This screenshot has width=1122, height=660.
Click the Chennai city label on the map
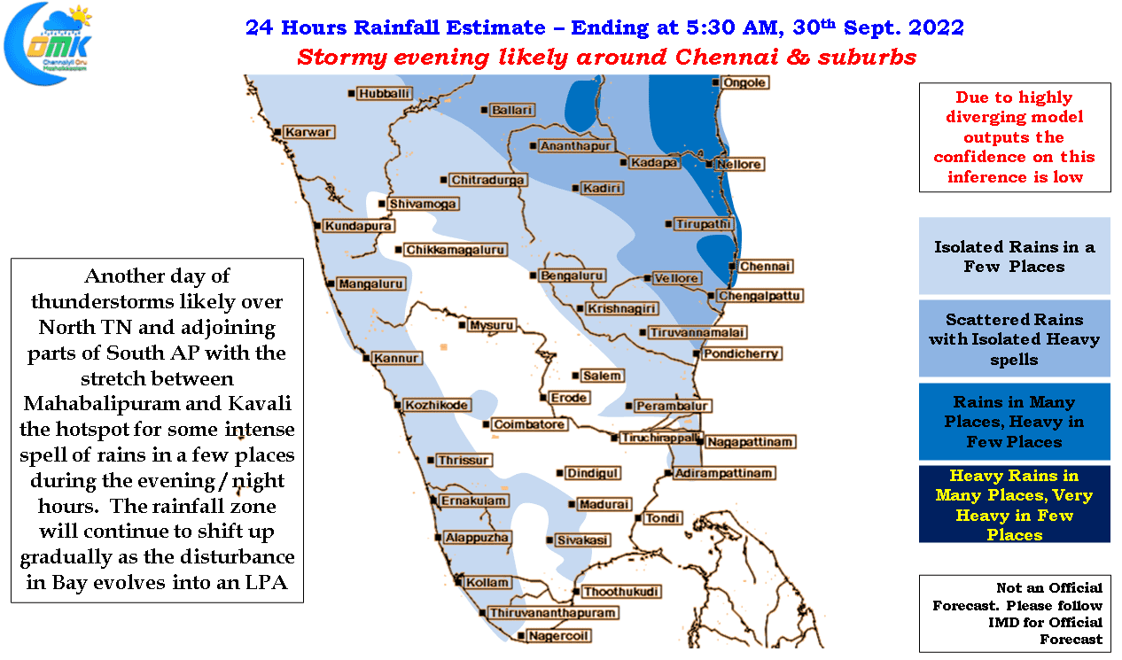(x=765, y=267)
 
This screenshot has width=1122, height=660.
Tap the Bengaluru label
(x=572, y=276)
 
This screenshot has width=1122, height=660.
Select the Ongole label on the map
(x=744, y=82)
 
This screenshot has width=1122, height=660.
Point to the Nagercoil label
(x=558, y=636)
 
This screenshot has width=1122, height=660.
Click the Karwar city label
(x=308, y=132)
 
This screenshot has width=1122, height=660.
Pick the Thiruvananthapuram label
(x=552, y=613)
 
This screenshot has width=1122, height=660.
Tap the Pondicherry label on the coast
(x=741, y=354)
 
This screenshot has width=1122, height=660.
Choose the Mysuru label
(x=491, y=325)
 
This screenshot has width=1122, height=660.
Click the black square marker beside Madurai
(x=572, y=504)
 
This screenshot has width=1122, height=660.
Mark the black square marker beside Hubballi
(x=351, y=94)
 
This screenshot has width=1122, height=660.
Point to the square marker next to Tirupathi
(x=668, y=224)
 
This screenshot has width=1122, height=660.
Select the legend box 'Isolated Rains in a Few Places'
(x=1014, y=256)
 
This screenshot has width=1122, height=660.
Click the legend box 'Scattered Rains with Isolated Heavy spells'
(x=1014, y=338)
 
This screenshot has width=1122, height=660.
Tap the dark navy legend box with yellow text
(x=1014, y=504)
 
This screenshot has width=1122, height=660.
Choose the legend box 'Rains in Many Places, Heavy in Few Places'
(x=1014, y=422)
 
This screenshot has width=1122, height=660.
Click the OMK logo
(x=49, y=43)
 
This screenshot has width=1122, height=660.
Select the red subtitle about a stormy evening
(x=606, y=57)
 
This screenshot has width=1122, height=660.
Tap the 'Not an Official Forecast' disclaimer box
(x=1015, y=613)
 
